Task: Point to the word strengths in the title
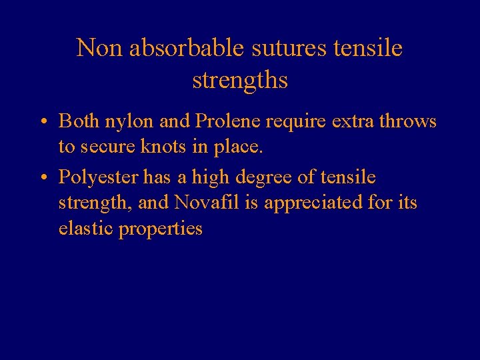tap(240, 80)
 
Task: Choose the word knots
tap(166, 147)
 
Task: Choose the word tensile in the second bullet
tap(348, 177)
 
